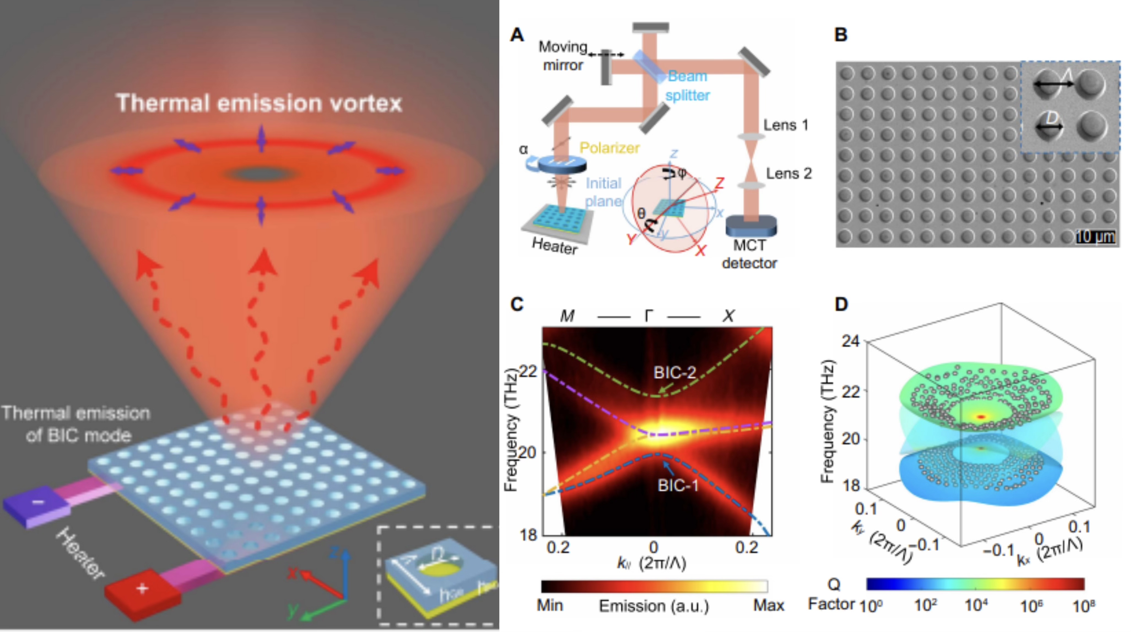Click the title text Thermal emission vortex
click(x=259, y=104)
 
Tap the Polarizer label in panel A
click(x=609, y=148)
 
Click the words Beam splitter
click(x=688, y=86)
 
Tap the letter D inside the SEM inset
click(x=1052, y=117)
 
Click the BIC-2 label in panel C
click(x=675, y=373)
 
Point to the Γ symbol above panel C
click(x=649, y=316)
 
